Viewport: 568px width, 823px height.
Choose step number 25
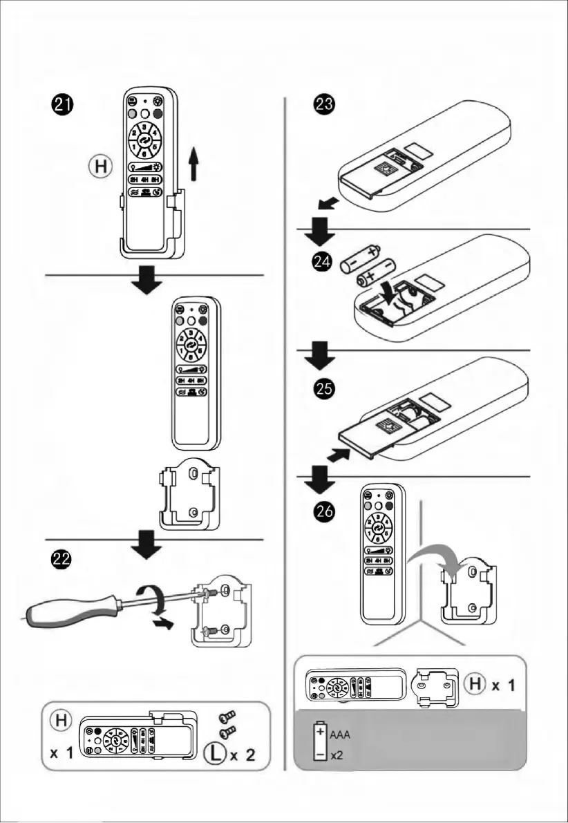[x=322, y=389]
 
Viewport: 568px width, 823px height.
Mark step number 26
[x=322, y=510]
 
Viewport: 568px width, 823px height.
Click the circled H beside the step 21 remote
[x=100, y=167]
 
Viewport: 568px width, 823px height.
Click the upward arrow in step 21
[x=195, y=164]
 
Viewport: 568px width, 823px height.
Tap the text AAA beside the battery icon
[x=340, y=735]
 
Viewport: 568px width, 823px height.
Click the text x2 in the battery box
[x=337, y=756]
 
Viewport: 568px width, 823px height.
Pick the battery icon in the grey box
[x=320, y=742]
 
